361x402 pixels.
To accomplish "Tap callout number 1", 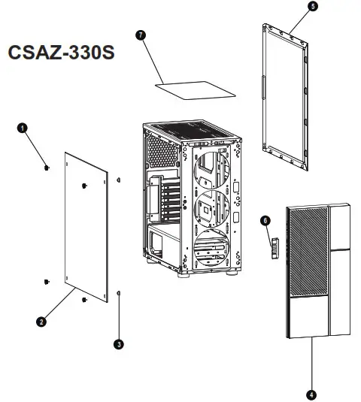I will (23, 128).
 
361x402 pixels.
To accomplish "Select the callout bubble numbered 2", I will (42, 321).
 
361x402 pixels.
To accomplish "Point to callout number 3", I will (118, 344).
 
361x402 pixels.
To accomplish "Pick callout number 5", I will (313, 6).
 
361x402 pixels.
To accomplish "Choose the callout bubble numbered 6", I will (264, 220).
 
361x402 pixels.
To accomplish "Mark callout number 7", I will (140, 35).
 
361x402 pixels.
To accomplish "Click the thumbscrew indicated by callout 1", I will (47, 168).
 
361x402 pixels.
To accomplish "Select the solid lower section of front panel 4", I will (306, 316).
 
